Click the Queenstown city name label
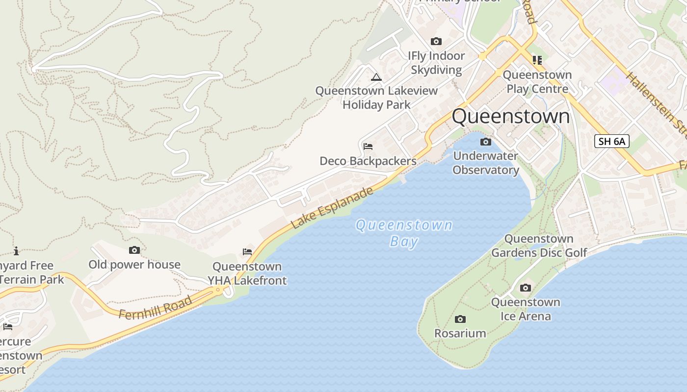[510, 117]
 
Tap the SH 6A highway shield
[611, 141]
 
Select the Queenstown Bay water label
[404, 233]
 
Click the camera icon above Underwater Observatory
[486, 142]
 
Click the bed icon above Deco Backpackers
[368, 147]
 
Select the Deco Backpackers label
[368, 161]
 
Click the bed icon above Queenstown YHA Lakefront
[247, 252]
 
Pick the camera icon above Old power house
[134, 250]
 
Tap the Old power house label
[134, 265]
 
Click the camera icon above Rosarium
[460, 319]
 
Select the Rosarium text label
[460, 333]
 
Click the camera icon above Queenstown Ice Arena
[526, 288]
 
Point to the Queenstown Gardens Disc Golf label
[539, 245]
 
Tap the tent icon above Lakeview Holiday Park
[376, 77]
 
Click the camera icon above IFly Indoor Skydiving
[436, 42]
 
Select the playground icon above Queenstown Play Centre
[537, 60]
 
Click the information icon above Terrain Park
[16, 251]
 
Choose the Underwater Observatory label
[486, 163]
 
